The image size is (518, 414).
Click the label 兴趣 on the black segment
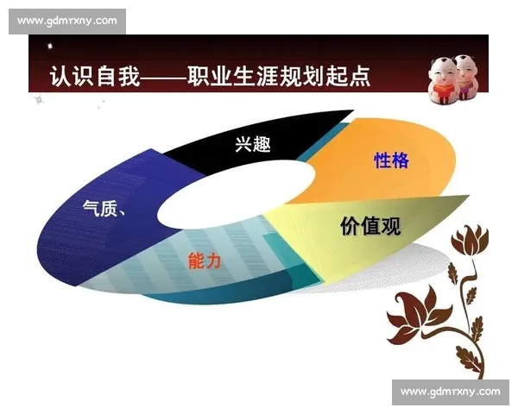[253, 144]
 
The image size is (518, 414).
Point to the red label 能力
[205, 260]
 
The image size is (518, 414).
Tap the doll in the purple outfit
[467, 76]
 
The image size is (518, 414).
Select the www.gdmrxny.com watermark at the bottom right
[450, 392]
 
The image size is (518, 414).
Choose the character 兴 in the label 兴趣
[243, 144]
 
